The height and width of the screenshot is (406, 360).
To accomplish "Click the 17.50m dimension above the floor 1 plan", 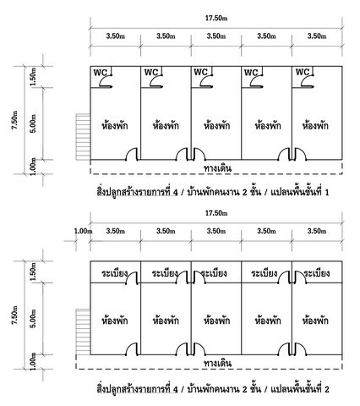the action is (x=216, y=18).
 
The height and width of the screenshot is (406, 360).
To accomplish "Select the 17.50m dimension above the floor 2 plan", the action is (x=216, y=213).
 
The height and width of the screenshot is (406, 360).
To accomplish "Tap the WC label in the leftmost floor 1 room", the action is (x=101, y=73).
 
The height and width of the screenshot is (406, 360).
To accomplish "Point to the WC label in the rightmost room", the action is (x=303, y=72).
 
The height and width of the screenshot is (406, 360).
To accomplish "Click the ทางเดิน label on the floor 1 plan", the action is (x=217, y=168).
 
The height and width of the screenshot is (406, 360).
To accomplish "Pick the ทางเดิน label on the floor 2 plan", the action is (x=217, y=363).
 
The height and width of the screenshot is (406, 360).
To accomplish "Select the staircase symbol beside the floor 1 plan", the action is (x=83, y=137).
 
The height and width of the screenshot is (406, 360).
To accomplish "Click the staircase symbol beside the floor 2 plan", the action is (x=83, y=332).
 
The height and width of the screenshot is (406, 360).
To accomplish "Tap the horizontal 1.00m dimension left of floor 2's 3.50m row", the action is (x=83, y=231).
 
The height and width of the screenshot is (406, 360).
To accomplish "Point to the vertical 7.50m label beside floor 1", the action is (x=14, y=120).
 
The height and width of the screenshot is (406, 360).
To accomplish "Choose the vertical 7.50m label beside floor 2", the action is (x=14, y=315).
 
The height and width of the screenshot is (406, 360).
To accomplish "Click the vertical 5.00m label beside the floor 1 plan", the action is (x=33, y=123).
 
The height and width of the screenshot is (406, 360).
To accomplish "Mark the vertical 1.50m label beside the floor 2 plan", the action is (x=33, y=272).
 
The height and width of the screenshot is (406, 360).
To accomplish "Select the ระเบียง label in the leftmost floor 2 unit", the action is (x=115, y=273).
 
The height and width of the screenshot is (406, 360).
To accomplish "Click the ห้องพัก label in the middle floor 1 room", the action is (x=216, y=125).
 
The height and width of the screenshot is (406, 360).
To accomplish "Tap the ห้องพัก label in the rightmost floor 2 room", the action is (x=315, y=321).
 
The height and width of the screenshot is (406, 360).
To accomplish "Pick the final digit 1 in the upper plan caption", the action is (x=327, y=193).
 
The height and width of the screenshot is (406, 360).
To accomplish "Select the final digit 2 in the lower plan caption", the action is (x=327, y=390).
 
